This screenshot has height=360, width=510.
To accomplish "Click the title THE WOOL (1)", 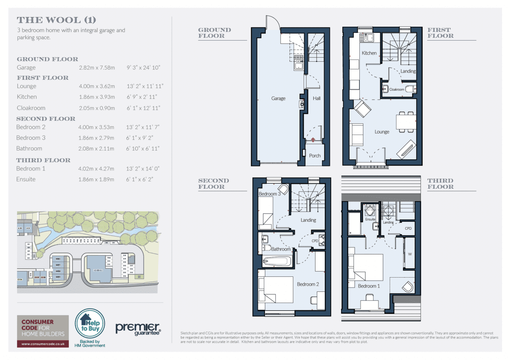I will point(56,20).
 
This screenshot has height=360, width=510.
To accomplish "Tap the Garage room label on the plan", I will point(279,98).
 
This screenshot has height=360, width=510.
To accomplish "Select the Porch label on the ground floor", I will point(315,156).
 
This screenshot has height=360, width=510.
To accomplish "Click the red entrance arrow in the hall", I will point(313,140).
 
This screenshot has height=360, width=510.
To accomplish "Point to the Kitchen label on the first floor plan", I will point(369,53).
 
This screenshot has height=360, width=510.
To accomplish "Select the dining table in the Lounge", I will point(406,122).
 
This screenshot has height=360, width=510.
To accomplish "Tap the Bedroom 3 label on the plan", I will point(270,194).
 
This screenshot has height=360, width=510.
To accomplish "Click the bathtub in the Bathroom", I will point(278,261).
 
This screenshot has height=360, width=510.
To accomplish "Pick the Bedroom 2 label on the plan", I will point(308,284).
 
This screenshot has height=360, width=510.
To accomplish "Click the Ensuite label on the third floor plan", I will point(370,219).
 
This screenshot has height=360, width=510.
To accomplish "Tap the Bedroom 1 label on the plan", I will point(369,286).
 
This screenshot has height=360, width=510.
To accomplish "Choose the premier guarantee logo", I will point(138,328).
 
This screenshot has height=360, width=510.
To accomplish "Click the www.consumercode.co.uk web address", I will point(43,342).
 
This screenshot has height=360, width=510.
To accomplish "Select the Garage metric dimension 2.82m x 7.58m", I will point(96,68).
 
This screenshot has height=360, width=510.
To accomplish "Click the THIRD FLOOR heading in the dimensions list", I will point(43,160).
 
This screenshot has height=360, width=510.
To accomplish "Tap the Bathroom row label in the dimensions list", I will point(29,149).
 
